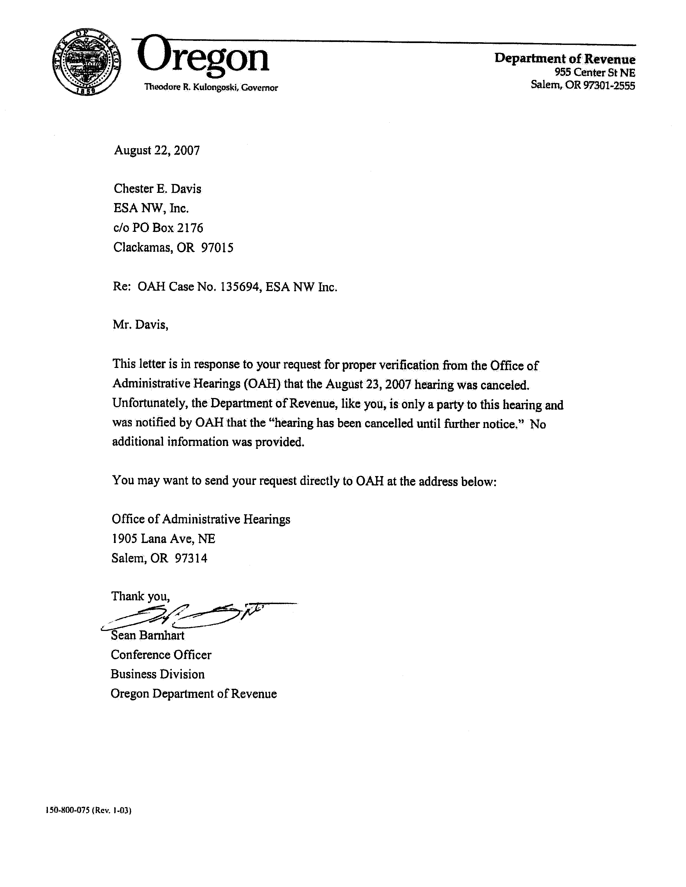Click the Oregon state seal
tap(86, 62)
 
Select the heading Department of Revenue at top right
tap(565, 59)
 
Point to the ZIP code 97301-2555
tap(609, 85)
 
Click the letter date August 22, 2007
tap(157, 151)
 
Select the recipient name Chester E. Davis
tap(157, 189)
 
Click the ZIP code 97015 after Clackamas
tap(217, 247)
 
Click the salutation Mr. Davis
tap(140, 325)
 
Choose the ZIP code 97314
tap(191, 558)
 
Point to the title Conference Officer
tap(161, 655)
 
